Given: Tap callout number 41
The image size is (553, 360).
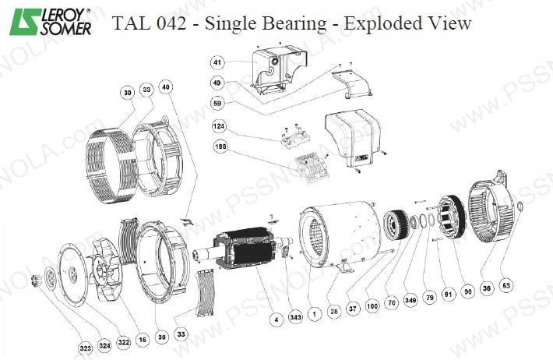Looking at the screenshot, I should [217, 62].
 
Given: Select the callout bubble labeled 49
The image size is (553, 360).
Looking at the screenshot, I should [217, 82].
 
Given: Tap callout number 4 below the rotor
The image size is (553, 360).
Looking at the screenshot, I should [275, 318].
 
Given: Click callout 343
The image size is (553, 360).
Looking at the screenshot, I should [295, 318].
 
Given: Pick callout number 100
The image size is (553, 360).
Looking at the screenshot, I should [372, 307].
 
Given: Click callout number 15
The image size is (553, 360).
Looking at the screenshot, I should [142, 340].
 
